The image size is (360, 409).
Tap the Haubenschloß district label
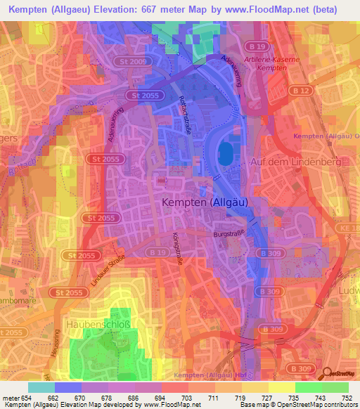click(94, 324)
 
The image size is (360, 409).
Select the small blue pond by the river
click(225, 154)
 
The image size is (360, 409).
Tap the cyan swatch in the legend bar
click(41, 387)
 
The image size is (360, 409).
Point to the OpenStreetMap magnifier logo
click(324, 373)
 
